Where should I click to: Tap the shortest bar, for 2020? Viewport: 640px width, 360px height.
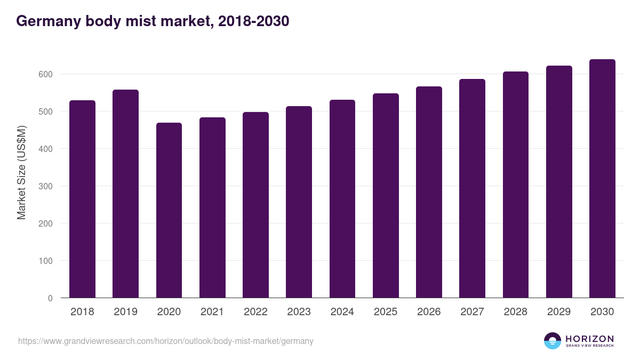169,210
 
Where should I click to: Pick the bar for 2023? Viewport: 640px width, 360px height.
299,202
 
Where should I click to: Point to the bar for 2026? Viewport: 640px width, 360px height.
429,192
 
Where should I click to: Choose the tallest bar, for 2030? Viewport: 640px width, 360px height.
602,179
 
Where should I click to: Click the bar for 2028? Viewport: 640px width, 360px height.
515,185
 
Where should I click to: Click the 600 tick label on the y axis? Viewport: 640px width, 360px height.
46,74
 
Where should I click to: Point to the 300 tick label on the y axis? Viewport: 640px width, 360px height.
46,186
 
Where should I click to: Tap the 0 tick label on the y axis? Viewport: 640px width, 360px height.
50,298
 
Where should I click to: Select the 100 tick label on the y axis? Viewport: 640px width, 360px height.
46,261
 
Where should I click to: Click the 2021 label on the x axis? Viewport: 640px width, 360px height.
212,312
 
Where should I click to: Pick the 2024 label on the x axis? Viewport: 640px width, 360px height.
342,312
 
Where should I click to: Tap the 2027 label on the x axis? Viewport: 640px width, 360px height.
472,312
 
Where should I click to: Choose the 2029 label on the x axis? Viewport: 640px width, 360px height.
559,312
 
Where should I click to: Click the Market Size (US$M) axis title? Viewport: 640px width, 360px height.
21,172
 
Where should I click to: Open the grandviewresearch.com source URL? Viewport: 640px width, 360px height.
166,341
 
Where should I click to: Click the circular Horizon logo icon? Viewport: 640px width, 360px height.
552,341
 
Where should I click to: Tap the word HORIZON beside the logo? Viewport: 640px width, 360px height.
589,339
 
